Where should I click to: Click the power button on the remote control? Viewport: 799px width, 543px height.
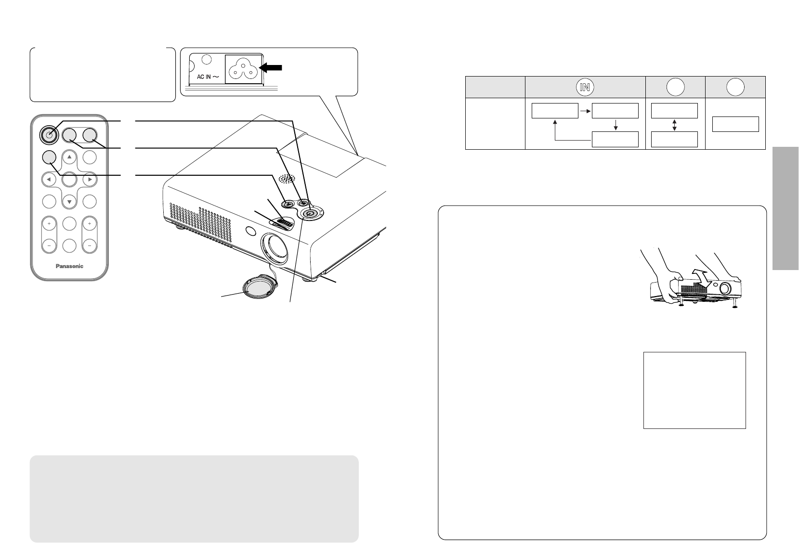click(x=48, y=135)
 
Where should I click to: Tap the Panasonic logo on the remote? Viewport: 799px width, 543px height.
click(x=68, y=266)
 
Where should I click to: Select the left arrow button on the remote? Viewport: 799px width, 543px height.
click(x=49, y=180)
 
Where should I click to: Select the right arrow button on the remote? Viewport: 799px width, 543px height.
click(x=90, y=180)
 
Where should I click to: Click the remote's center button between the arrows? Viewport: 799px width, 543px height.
click(x=69, y=180)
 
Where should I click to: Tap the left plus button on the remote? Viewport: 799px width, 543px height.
click(x=49, y=224)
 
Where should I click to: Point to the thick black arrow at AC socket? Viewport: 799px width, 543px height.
click(x=271, y=68)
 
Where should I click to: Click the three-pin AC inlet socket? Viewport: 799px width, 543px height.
click(x=243, y=69)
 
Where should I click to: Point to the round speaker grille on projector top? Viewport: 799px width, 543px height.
click(x=287, y=178)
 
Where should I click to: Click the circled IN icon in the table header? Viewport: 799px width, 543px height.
click(x=585, y=87)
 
